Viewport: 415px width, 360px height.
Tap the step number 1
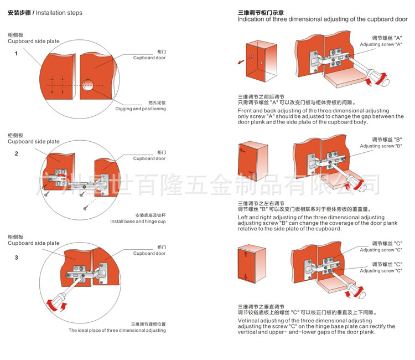tap(16, 53)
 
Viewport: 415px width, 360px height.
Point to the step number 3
tap(16, 258)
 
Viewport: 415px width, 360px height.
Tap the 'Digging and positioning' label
tap(141, 109)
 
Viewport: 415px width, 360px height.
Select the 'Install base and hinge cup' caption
tap(138, 222)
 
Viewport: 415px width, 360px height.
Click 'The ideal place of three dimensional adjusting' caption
tap(117, 330)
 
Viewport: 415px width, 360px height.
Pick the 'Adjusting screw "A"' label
tap(381, 44)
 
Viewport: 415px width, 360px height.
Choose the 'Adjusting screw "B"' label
tap(381, 146)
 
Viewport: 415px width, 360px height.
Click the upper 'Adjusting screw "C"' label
tap(381, 250)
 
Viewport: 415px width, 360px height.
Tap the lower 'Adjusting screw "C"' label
tap(381, 271)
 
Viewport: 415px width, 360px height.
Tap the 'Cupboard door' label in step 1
tap(149, 58)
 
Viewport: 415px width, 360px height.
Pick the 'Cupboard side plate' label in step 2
tap(33, 142)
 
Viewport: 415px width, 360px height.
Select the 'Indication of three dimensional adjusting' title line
tap(323, 19)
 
